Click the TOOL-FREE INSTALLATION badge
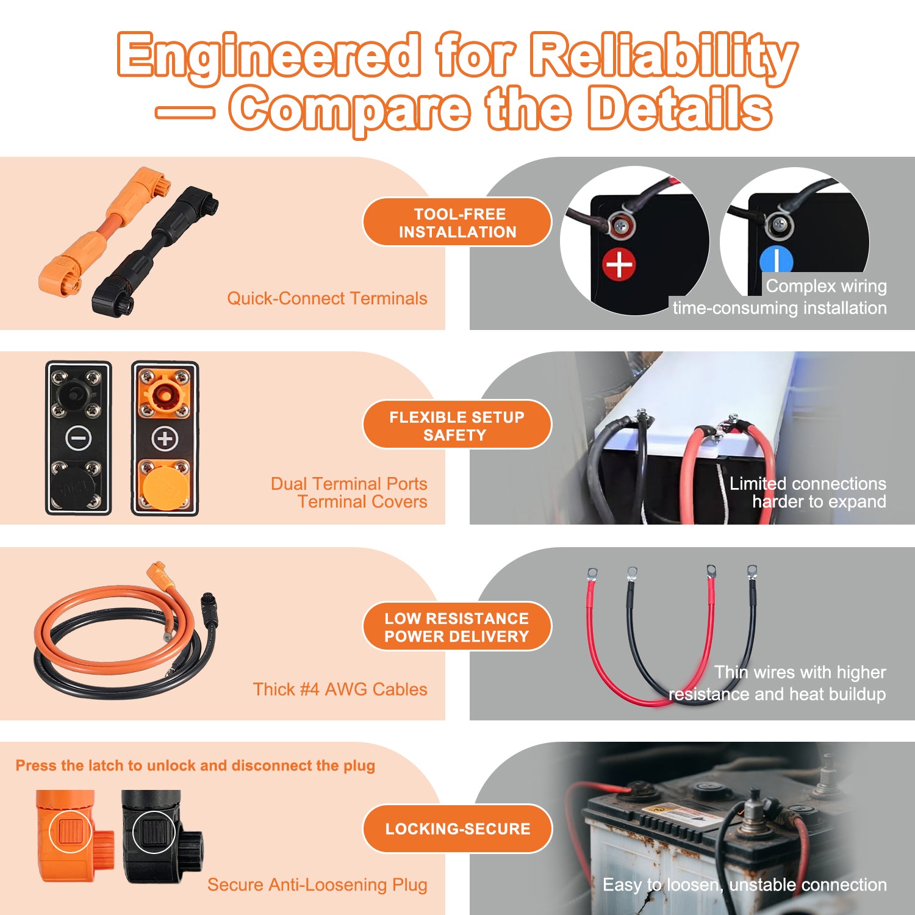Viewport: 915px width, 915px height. click(457, 222)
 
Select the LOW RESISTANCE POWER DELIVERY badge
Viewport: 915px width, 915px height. click(457, 626)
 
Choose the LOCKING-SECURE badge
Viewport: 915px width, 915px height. click(457, 828)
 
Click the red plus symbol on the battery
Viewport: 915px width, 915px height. click(619, 265)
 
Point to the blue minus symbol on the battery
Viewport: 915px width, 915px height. click(776, 259)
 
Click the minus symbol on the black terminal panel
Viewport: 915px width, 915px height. click(79, 438)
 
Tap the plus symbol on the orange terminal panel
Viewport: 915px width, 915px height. click(165, 438)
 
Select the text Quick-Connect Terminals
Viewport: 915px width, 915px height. click(327, 298)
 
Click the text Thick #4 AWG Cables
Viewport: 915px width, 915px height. click(340, 689)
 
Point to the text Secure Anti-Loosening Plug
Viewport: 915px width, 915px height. click(317, 884)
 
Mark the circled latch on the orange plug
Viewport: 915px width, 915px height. click(71, 831)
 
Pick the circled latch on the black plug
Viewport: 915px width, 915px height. click(154, 831)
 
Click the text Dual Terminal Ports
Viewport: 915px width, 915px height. click(349, 484)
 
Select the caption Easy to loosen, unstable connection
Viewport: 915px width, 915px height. click(745, 884)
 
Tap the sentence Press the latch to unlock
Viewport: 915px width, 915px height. click(195, 766)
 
